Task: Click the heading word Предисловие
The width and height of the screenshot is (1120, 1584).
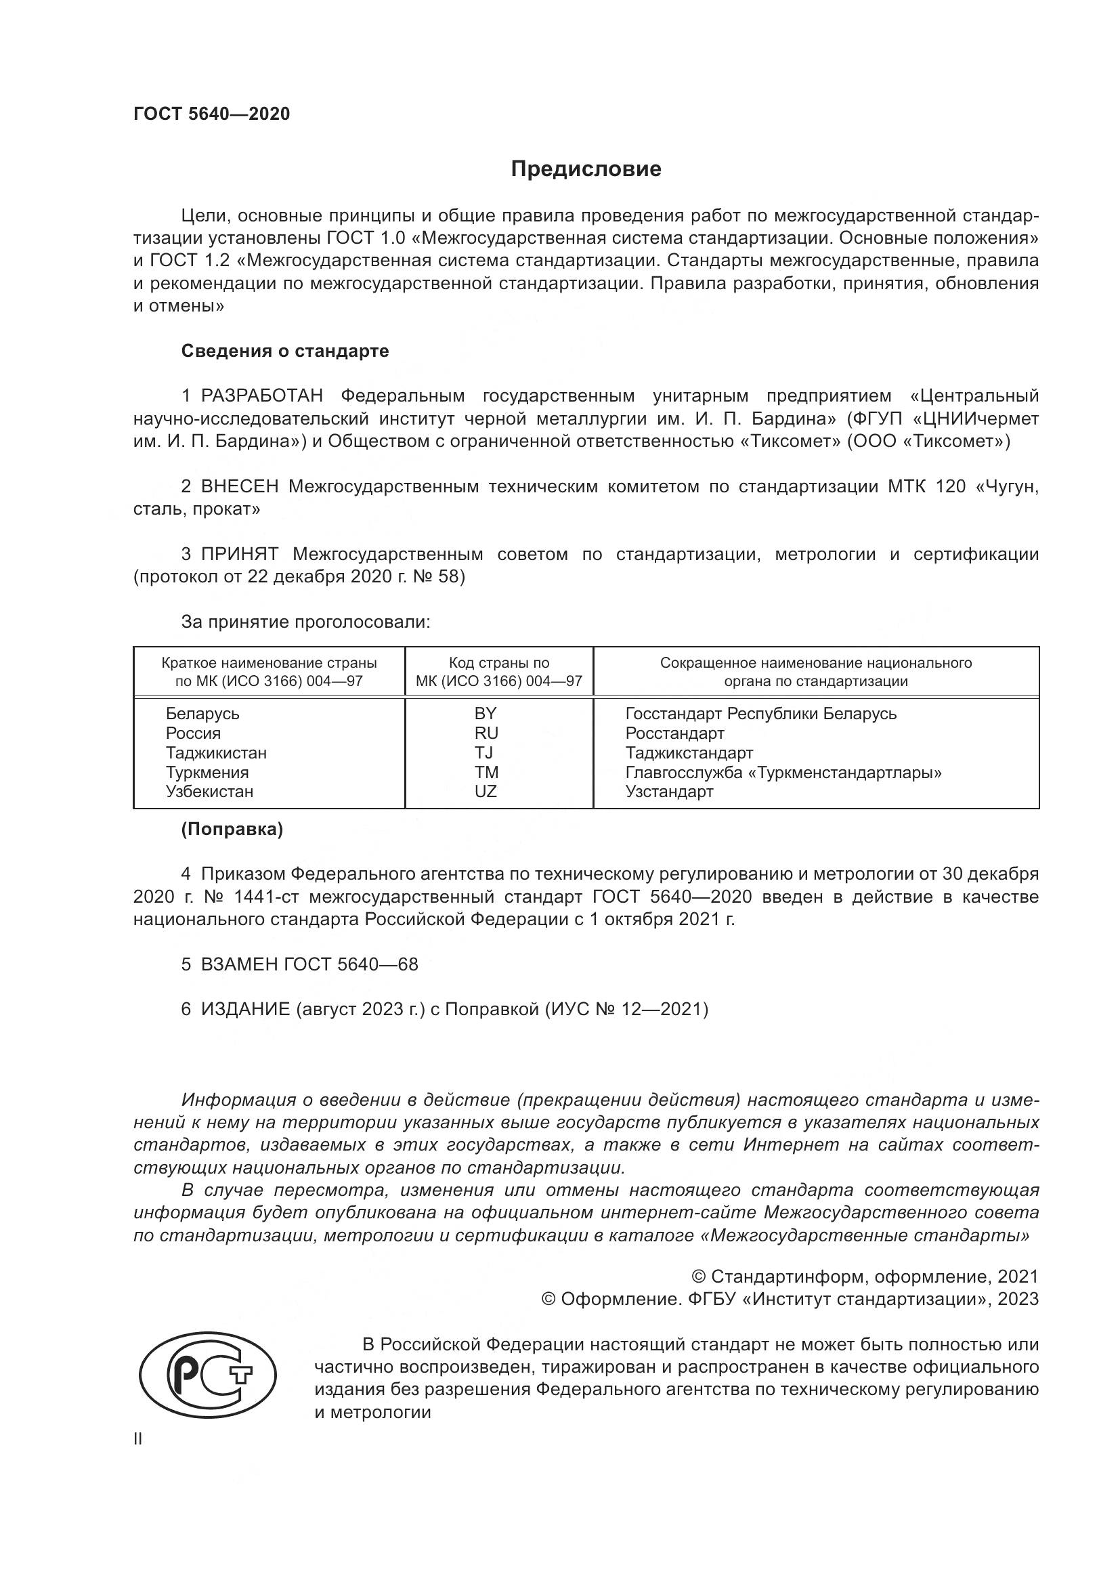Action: (586, 169)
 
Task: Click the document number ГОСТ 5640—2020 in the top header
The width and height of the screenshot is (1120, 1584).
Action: (212, 114)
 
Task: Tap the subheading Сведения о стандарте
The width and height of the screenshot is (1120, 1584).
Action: (285, 351)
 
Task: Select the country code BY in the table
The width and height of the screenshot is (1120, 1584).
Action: (485, 713)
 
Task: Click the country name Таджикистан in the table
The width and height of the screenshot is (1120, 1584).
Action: (216, 752)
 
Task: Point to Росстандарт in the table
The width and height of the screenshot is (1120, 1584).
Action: (674, 733)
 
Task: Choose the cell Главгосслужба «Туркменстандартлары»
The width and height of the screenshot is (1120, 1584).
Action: (783, 773)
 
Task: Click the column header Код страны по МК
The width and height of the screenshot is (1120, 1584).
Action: (498, 672)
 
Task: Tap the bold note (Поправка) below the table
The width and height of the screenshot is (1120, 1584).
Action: (232, 830)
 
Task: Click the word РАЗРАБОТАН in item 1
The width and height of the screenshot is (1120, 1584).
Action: (262, 396)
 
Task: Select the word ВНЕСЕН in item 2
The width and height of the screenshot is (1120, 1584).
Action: (239, 487)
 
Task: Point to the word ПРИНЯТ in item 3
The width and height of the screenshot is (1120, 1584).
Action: (239, 555)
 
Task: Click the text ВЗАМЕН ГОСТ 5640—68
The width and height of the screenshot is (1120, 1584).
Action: (309, 964)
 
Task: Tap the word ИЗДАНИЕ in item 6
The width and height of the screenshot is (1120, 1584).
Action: (245, 1009)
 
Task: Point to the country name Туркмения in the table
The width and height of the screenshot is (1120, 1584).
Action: (207, 773)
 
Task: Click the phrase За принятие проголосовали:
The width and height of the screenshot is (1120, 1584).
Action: (305, 622)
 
